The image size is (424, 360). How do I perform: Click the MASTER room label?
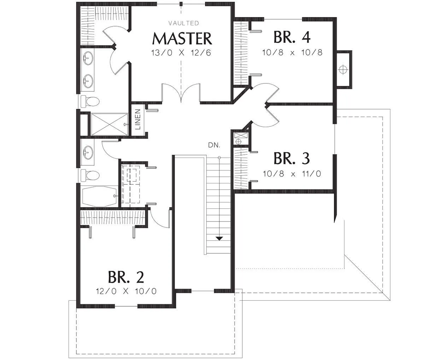pyautogui.click(x=182, y=39)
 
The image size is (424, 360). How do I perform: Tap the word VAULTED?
pyautogui.click(x=184, y=23)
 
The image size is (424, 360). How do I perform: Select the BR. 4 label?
pyautogui.click(x=292, y=37)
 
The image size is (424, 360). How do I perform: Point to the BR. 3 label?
pyautogui.click(x=291, y=158)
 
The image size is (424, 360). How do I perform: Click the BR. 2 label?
pyautogui.click(x=126, y=277)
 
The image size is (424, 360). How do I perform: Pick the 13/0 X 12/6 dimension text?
pyautogui.click(x=181, y=53)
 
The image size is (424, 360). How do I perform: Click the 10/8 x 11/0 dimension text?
pyautogui.click(x=292, y=174)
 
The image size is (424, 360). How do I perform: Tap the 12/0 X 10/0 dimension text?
pyautogui.click(x=126, y=291)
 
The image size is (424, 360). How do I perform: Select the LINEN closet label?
pyautogui.click(x=138, y=119)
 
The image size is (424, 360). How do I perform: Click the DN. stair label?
pyautogui.click(x=214, y=145)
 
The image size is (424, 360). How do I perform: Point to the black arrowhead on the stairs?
pyautogui.click(x=219, y=238)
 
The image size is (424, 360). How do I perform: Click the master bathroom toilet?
pyautogui.click(x=90, y=101)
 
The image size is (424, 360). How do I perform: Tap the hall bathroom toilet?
pyautogui.click(x=90, y=175)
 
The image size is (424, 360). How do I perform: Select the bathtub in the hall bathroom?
pyautogui.click(x=99, y=196)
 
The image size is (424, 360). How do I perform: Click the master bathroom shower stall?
pyautogui.click(x=109, y=124)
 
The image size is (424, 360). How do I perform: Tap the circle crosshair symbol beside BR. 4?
pyautogui.click(x=343, y=70)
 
